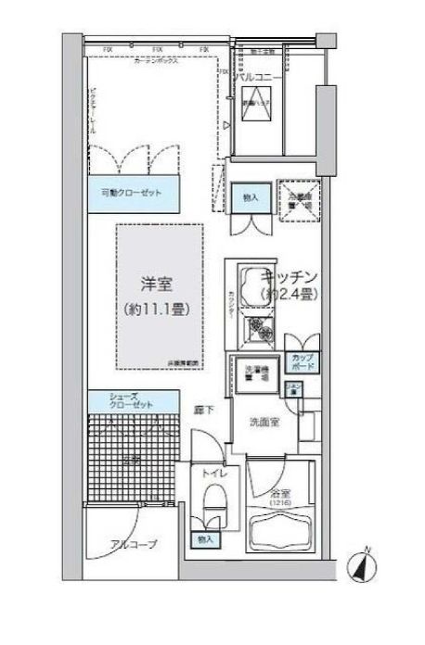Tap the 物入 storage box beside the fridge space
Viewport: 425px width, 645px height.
250,196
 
